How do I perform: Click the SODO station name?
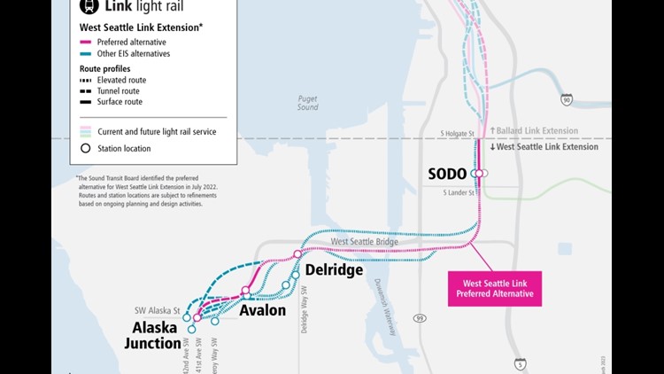pos(447,174)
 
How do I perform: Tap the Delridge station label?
pos(334,270)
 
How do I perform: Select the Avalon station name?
pos(262,310)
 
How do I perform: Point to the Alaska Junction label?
pos(152,336)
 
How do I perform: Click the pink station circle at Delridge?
pos(297,254)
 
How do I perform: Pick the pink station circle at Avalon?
pos(245,291)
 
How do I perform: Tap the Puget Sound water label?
pos(307,103)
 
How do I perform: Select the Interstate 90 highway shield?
pos(567,100)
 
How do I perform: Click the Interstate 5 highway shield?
pos(520,363)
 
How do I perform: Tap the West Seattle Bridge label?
pos(364,241)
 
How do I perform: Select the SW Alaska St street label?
pos(158,312)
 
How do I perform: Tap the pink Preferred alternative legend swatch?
pos(85,42)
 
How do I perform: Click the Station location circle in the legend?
pos(86,148)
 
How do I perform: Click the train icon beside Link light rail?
pos(89,5)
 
